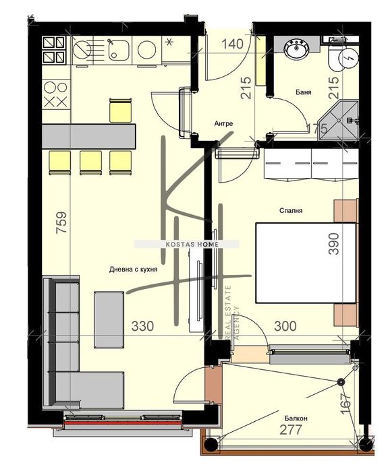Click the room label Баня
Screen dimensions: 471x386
(303, 92)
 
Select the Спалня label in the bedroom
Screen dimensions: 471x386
(291, 210)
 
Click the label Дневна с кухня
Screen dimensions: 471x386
(134, 269)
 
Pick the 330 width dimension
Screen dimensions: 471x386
(142, 326)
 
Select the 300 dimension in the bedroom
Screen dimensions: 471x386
(285, 326)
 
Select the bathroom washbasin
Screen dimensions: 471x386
(296, 49)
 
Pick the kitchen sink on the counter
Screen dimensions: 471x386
(119, 49)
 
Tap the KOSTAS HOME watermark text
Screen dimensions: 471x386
(186, 244)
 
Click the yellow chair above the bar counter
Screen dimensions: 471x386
(120, 111)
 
